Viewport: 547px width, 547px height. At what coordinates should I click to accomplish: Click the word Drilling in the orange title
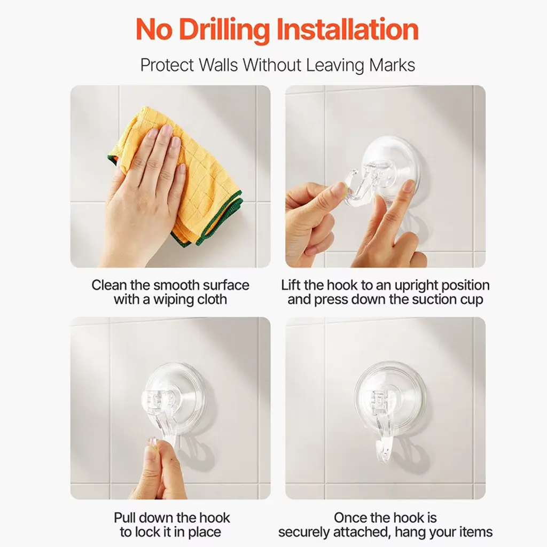coord(224,30)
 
